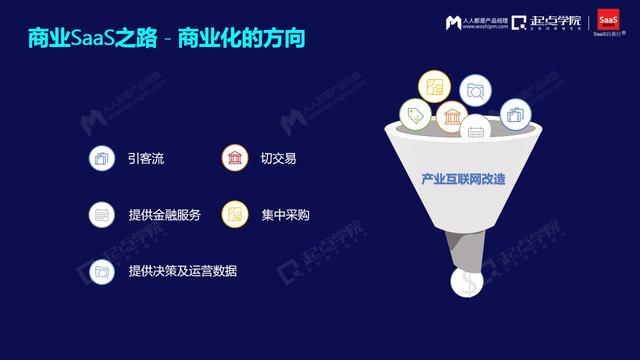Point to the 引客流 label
147,158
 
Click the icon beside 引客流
99,158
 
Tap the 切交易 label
277,158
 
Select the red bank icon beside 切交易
233,158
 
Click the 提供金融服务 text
165,214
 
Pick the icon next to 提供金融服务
99,214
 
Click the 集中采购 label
285,214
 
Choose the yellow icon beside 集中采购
233,214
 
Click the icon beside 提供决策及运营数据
99,271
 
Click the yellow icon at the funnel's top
435,86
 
